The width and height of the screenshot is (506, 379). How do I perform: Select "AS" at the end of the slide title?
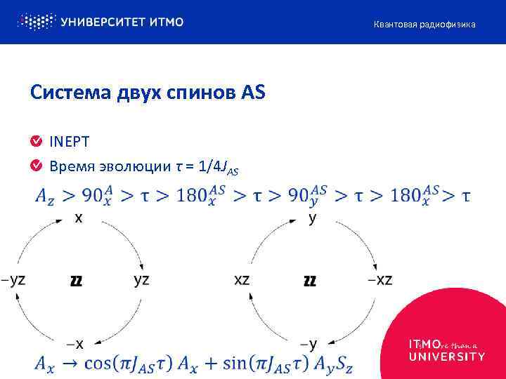click(254, 93)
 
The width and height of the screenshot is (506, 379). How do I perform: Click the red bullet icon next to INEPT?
click(36, 142)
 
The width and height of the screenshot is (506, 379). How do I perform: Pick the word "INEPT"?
click(69, 142)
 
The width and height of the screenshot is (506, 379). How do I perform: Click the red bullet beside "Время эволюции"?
click(36, 166)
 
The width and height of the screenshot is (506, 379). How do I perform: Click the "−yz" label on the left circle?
click(14, 279)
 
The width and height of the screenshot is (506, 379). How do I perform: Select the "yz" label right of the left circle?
click(141, 279)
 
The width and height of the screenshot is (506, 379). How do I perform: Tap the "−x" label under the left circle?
click(76, 344)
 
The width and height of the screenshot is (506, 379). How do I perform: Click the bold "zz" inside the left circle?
click(77, 281)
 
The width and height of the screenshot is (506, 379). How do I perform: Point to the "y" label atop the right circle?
click(312, 219)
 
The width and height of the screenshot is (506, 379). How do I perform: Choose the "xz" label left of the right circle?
click(242, 279)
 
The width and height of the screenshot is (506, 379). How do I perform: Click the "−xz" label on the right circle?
click(379, 279)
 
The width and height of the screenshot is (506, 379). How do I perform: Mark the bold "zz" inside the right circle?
click(309, 281)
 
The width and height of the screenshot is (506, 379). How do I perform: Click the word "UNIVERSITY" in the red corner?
click(447, 357)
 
